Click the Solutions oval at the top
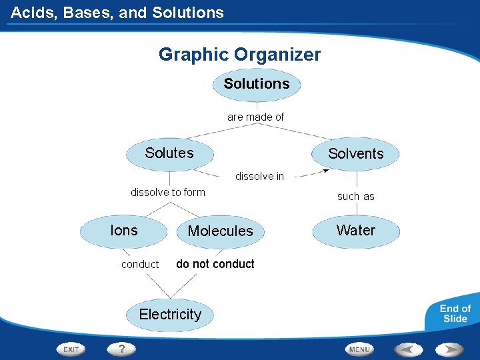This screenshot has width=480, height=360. coord(257,85)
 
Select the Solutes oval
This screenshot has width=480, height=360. coord(169,153)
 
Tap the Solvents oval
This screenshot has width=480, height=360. coord(356,154)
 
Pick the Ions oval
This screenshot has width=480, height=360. coord(124,231)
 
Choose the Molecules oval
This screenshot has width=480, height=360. coord(221,231)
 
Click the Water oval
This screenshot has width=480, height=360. coord(356,231)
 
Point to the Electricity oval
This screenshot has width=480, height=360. coord(170,315)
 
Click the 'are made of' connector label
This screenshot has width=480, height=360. coord(256,117)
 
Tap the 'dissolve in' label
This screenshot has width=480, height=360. coord(259,177)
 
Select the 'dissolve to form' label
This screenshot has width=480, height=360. coord(168,193)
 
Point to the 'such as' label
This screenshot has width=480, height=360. coord(356,197)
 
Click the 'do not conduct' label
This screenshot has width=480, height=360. coord(215,264)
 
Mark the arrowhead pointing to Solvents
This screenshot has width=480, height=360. coord(325,171)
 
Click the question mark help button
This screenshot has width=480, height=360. coord(122,349)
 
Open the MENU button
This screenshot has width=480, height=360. coord(359,349)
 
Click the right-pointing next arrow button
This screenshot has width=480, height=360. coord(449,349)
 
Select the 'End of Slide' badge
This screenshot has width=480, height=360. coord(455,313)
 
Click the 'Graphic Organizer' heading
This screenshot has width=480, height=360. coord(240,55)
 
